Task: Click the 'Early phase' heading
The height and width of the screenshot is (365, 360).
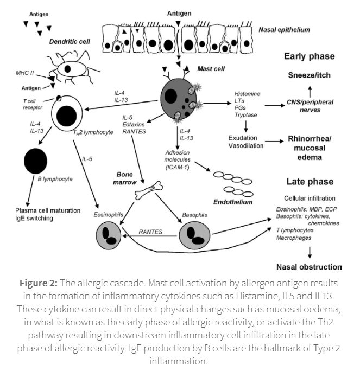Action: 310,56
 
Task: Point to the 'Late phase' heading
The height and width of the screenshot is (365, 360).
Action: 309,182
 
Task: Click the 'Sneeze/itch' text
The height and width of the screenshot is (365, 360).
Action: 309,75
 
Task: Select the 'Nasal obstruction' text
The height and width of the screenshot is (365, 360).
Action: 309,266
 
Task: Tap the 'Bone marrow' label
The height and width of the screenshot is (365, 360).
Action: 128,178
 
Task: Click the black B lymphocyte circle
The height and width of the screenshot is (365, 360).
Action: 37,161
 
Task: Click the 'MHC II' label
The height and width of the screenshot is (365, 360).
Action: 26,72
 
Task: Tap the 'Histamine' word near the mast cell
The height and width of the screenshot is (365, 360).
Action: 248,94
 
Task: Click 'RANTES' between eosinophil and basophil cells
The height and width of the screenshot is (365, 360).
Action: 150,232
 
